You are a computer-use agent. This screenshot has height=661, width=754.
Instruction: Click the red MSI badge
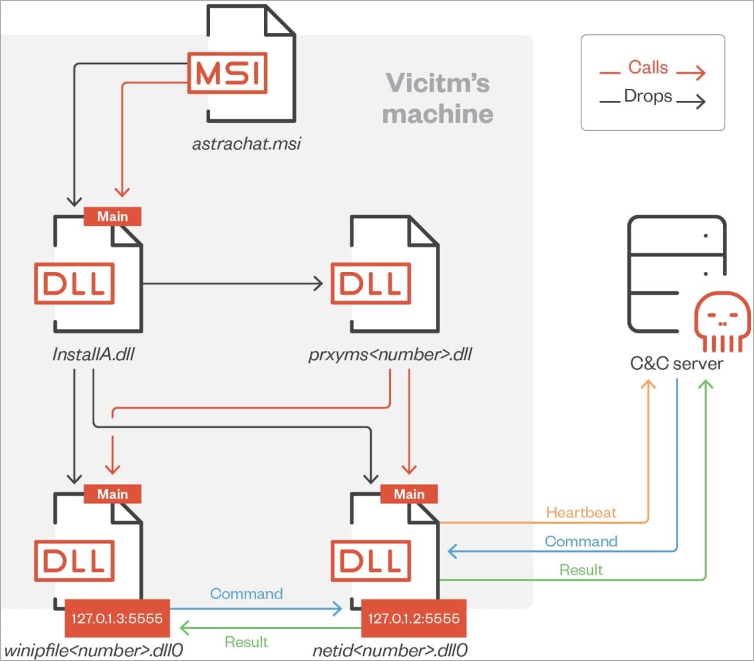pyautogui.click(x=227, y=73)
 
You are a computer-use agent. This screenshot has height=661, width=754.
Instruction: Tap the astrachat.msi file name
pyautogui.click(x=247, y=144)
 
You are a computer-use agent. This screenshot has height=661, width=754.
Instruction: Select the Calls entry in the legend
pyautogui.click(x=648, y=67)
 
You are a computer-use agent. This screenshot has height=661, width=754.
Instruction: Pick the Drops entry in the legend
pyautogui.click(x=648, y=96)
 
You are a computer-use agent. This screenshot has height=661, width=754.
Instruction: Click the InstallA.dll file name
pyautogui.click(x=93, y=354)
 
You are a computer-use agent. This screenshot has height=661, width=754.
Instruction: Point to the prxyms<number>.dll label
pyautogui.click(x=390, y=354)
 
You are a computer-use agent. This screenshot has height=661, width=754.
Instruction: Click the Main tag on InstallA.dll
pyautogui.click(x=112, y=217)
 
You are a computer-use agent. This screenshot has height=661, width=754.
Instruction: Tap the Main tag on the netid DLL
pyautogui.click(x=409, y=494)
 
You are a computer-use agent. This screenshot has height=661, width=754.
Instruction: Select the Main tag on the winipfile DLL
pyautogui.click(x=112, y=494)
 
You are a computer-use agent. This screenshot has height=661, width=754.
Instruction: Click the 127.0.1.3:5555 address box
pyautogui.click(x=117, y=618)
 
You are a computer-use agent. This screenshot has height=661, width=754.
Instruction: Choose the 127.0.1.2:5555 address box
pyautogui.click(x=414, y=618)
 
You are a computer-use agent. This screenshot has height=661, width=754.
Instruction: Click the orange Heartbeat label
pyautogui.click(x=581, y=512)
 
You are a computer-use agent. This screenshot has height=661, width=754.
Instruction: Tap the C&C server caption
pyautogui.click(x=676, y=363)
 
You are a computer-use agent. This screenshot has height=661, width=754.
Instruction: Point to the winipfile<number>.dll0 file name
pyautogui.click(x=94, y=650)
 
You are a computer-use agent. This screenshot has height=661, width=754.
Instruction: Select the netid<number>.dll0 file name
pyautogui.click(x=390, y=650)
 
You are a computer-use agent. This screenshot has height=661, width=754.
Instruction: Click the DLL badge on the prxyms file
pyautogui.click(x=371, y=283)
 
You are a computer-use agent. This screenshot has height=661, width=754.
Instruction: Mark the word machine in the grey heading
pyautogui.click(x=438, y=114)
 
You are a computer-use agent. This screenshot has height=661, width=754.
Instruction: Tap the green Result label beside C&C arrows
pyautogui.click(x=581, y=570)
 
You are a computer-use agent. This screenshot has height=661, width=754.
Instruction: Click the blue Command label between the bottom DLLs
pyautogui.click(x=246, y=594)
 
